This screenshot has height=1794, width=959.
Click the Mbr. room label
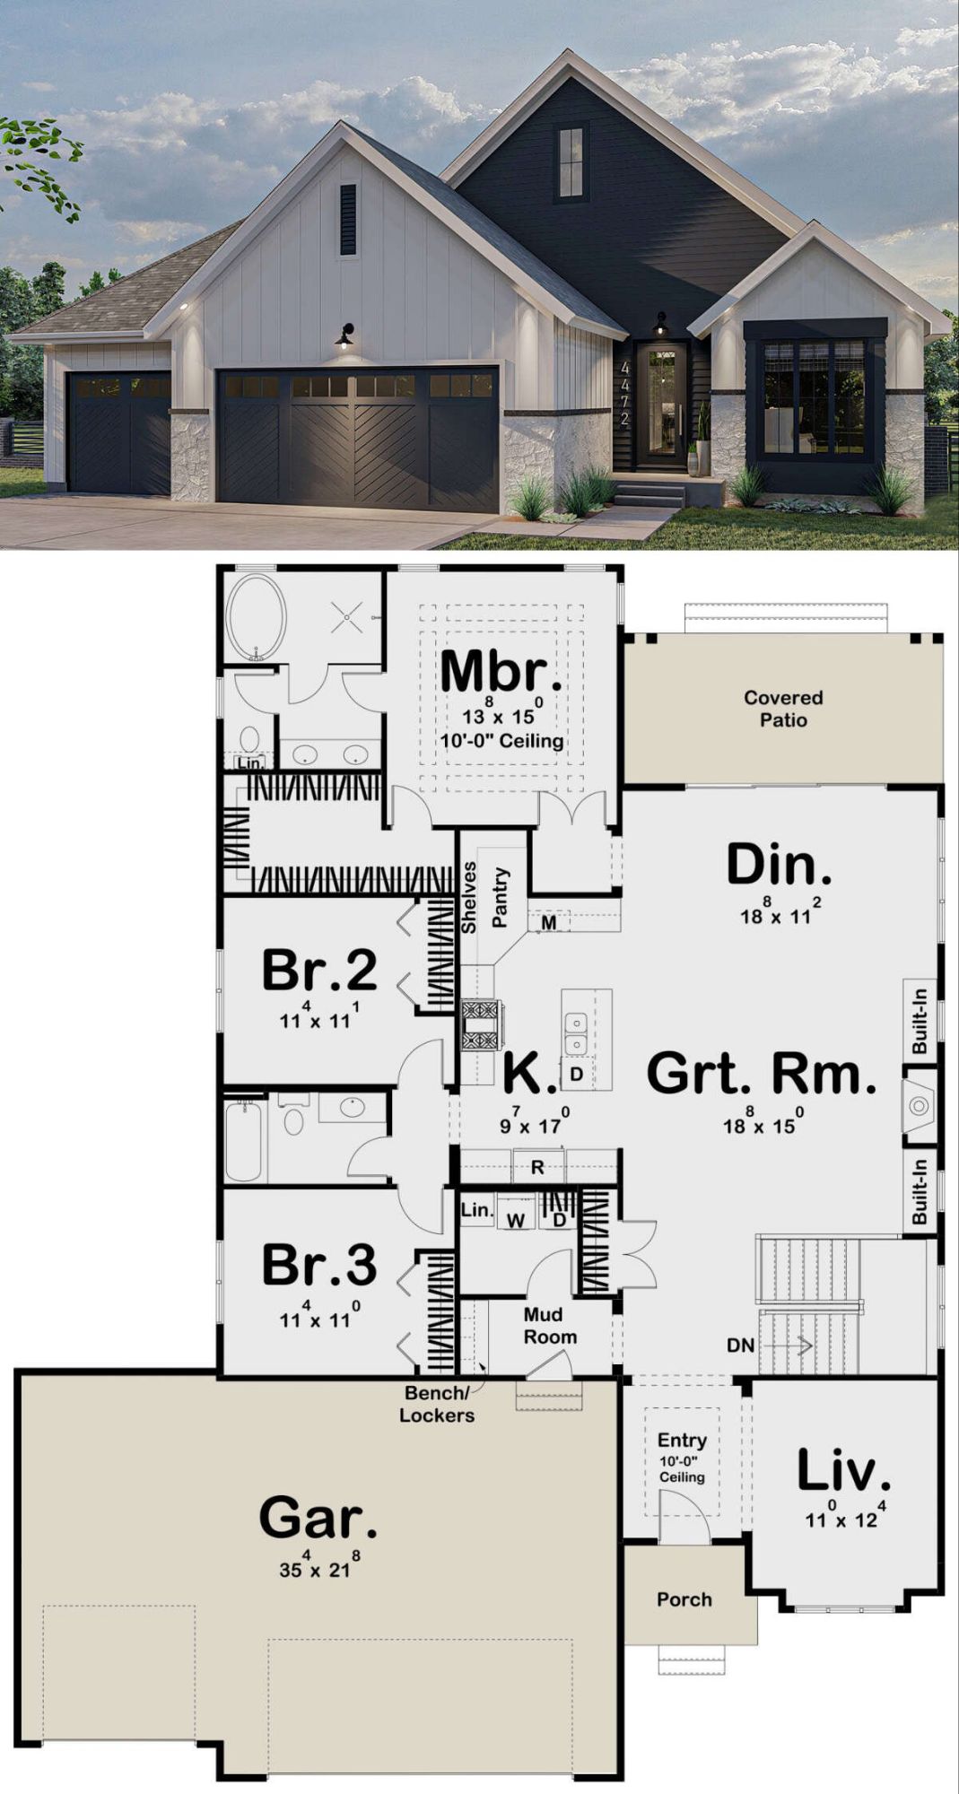[x=501, y=671]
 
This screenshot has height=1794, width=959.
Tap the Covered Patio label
[x=783, y=709]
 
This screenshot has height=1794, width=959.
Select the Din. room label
[x=779, y=865]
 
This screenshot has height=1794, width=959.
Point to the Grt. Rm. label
[x=762, y=1074]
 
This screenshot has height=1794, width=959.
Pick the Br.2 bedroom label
[x=319, y=970]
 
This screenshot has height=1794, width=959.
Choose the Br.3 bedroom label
[x=319, y=1265]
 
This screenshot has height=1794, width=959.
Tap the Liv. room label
[x=843, y=1471]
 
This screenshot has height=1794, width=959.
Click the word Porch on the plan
[x=684, y=1599]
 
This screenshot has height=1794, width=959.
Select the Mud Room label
[x=550, y=1326]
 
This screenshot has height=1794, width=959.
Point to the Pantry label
[x=500, y=897]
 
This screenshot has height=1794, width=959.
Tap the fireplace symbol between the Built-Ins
[x=918, y=1105]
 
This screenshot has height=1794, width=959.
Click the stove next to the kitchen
[x=482, y=1025]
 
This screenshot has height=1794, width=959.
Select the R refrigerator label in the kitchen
[x=537, y=1167]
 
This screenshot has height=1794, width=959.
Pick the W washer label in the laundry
[x=515, y=1221]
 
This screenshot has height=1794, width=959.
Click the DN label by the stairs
[x=740, y=1345]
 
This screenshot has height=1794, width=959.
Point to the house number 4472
[x=625, y=393]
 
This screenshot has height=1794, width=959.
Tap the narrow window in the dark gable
[x=571, y=162]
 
